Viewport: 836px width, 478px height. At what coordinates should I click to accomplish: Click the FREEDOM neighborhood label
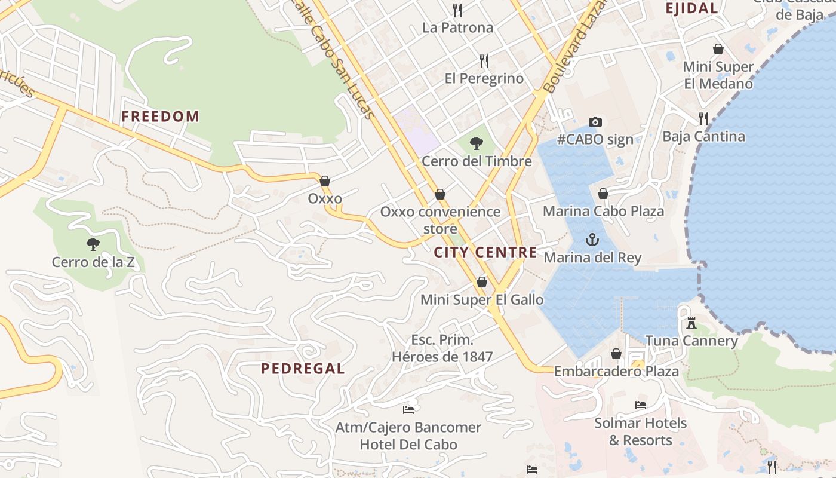coord(160,117)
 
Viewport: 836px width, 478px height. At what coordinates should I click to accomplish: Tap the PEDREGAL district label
coord(303,369)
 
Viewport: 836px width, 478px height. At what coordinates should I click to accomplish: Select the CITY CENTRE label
coord(485,252)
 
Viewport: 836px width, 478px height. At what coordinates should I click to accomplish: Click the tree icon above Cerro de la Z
coord(93,244)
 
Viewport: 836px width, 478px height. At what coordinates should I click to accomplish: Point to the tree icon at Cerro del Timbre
coord(476,143)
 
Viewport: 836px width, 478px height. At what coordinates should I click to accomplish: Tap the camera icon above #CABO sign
coord(595,122)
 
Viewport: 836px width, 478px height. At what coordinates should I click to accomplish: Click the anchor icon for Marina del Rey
coord(592,240)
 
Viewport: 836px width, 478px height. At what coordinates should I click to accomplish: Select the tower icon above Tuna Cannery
coord(691,323)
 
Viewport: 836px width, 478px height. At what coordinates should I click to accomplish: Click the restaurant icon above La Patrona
coord(457,10)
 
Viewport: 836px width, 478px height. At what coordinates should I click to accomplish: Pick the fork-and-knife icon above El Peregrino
coord(484,60)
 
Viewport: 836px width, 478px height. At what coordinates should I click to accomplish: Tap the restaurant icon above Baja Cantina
coord(703,118)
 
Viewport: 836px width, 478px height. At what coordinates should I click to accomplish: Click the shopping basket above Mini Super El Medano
coord(718,49)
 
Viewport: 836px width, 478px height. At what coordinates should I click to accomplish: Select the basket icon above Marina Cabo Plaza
coord(603,194)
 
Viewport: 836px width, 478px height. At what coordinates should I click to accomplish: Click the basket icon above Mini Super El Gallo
coord(482,282)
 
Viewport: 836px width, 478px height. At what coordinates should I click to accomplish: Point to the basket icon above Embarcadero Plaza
coord(616,354)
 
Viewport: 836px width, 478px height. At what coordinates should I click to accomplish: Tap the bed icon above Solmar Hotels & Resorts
coord(640,405)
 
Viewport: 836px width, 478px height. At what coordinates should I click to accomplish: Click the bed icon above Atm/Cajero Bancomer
coord(408,409)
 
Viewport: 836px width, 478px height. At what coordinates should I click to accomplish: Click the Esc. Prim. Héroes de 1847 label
coord(442,348)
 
